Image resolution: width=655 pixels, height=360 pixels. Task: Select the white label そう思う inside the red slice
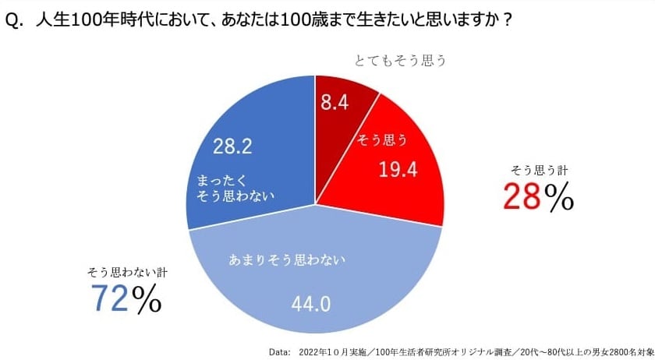click(x=381, y=140)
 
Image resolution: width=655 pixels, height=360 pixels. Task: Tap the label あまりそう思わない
click(x=285, y=258)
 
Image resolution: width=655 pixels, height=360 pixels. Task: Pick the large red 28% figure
click(x=537, y=197)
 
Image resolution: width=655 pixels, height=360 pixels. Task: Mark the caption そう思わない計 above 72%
click(x=127, y=273)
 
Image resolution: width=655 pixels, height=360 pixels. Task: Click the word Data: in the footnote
click(x=280, y=351)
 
